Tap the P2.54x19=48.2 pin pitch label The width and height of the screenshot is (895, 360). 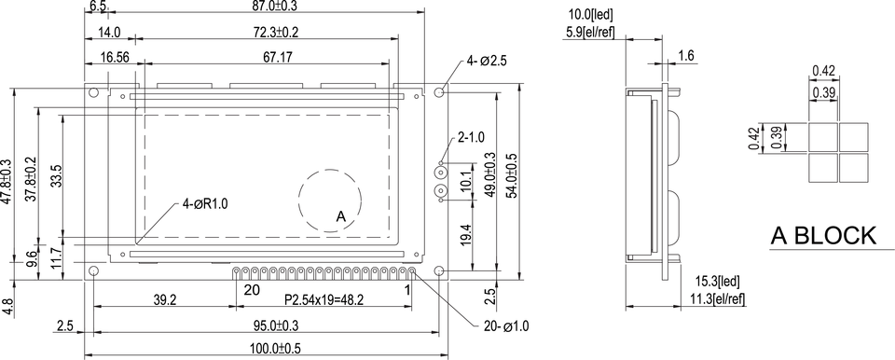[x=324, y=300]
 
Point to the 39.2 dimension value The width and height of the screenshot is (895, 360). [x=165, y=300]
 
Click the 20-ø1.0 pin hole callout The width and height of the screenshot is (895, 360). [x=505, y=326]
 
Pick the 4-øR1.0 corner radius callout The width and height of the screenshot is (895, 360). [x=205, y=204]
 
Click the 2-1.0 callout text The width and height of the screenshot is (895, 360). [x=471, y=137]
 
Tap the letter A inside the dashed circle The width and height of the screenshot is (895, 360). [x=341, y=216]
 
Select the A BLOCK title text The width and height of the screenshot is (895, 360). [x=823, y=235]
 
